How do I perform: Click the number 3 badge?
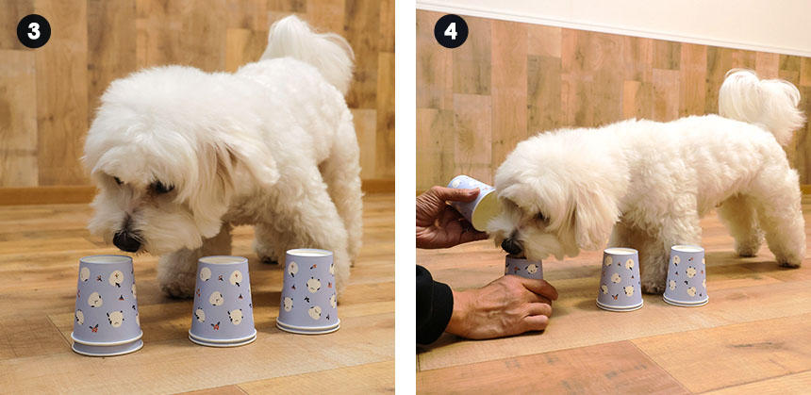pos(34,31)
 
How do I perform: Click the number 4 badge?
pos(451,31)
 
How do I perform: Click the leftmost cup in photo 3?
pos(107,305)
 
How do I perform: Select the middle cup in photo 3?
pos(223,301)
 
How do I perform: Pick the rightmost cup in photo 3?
pos(308,291)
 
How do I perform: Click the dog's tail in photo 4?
pos(759,104)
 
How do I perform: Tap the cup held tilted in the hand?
pos(473,202)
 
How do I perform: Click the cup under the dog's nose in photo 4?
pos(523,268)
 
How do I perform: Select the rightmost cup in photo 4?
pos(686,275)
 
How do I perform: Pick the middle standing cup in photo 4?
pos(620,279)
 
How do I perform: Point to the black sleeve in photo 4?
pos(434,305)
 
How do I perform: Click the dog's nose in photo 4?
pos(512,246)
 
